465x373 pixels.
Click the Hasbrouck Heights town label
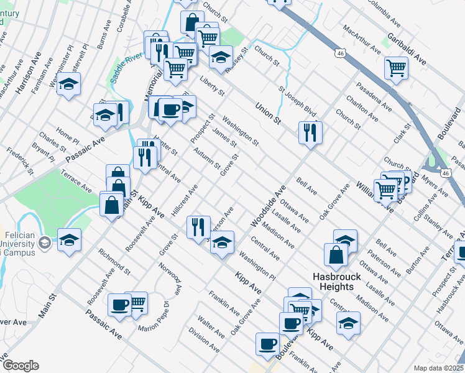pyautogui.click(x=333, y=282)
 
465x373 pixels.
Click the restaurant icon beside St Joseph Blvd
pyautogui.click(x=309, y=132)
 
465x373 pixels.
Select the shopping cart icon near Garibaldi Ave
pyautogui.click(x=396, y=68)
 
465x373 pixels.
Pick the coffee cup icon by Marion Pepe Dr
pyautogui.click(x=120, y=305)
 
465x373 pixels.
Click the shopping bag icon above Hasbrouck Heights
pyautogui.click(x=336, y=254)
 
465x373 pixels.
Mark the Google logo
pyautogui.click(x=21, y=366)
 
